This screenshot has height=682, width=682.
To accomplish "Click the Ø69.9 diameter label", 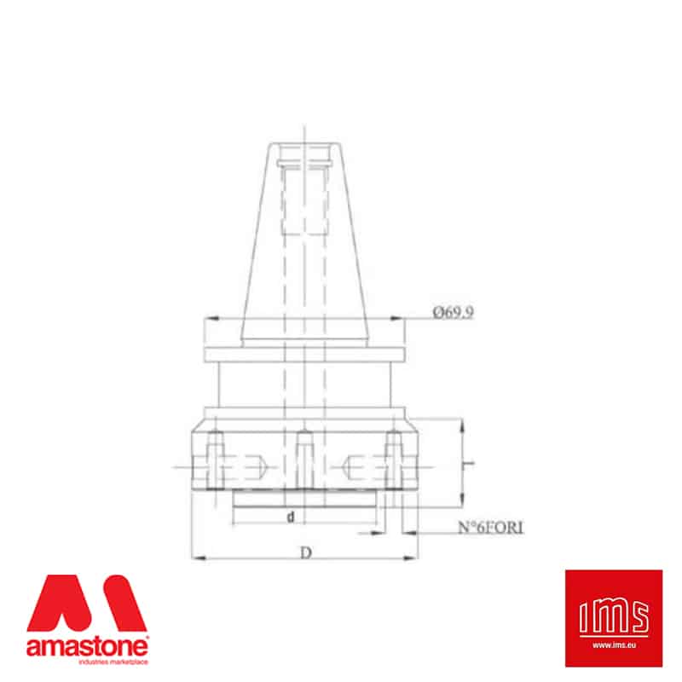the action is click(x=453, y=312).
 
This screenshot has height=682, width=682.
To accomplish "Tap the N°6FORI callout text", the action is click(x=491, y=527).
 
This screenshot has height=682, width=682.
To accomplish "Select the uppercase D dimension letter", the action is click(x=306, y=552).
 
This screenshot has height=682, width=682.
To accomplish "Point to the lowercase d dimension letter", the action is click(x=291, y=517).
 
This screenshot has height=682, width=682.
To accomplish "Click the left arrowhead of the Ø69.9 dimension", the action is click(x=211, y=318).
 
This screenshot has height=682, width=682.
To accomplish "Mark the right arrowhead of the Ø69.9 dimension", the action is click(x=397, y=318).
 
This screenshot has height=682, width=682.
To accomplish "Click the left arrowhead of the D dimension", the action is click(x=199, y=558).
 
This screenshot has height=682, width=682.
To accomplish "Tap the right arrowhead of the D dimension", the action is click(x=411, y=558).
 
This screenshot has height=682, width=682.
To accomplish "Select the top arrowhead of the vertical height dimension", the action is click(x=462, y=425).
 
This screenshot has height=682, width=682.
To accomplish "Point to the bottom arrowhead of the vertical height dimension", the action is click(x=462, y=500).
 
